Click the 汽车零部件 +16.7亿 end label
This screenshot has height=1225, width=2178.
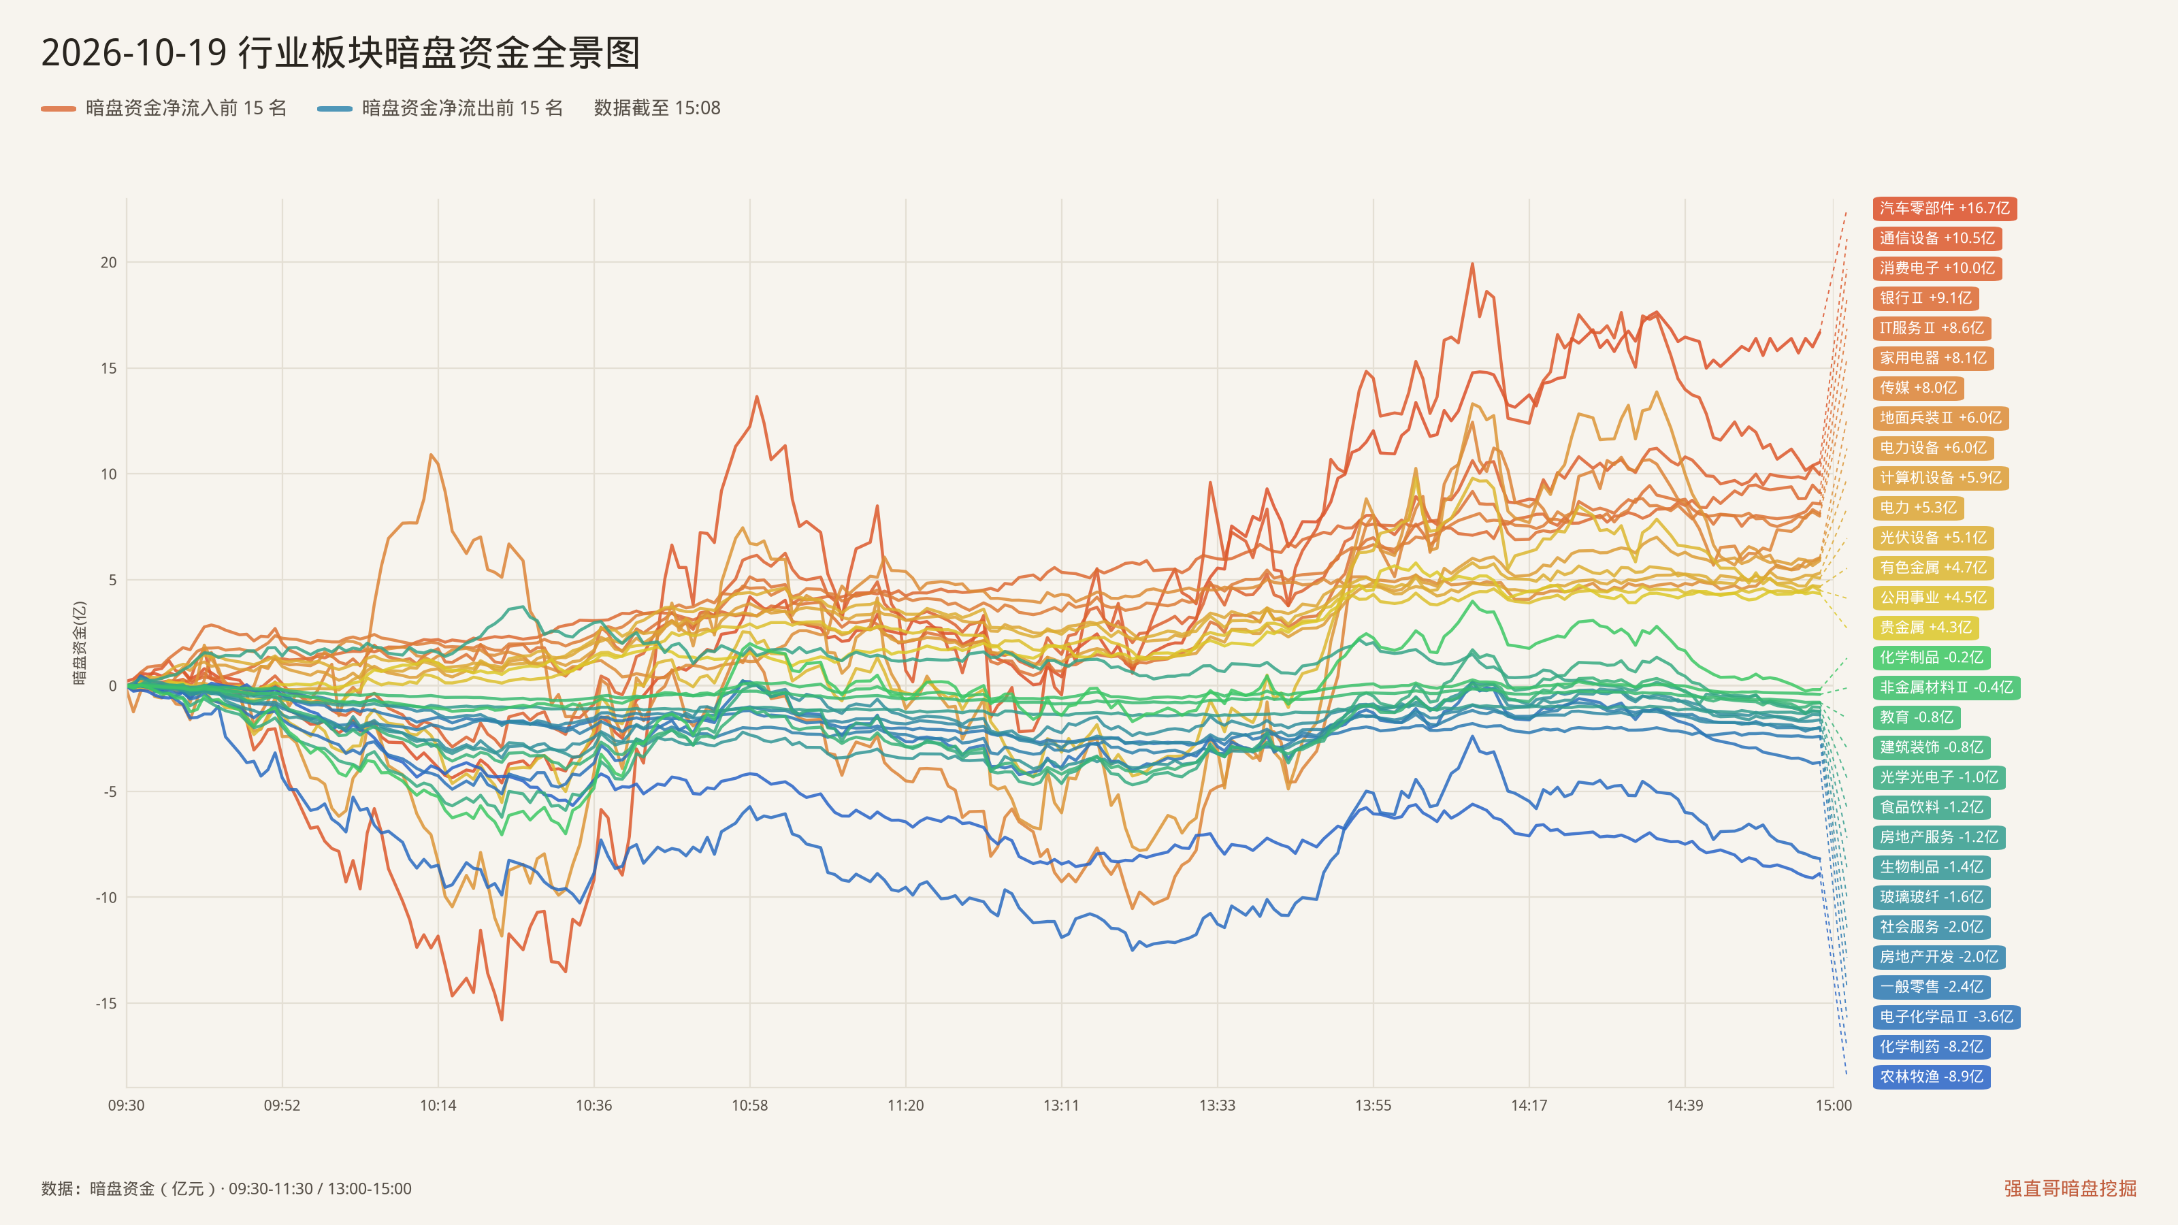coord(1945,208)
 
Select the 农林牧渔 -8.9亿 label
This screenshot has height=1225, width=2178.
coord(1931,1076)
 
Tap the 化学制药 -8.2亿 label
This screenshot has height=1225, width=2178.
coord(1931,1047)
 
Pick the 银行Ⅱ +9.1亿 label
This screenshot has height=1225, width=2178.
coord(1925,297)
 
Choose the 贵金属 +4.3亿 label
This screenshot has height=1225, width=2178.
coord(1925,627)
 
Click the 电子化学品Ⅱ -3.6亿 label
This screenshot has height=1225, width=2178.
coord(1947,1016)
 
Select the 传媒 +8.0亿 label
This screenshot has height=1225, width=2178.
coord(1917,388)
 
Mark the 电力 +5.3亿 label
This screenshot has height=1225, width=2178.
coord(1917,507)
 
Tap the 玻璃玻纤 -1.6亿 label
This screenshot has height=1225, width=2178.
coord(1931,897)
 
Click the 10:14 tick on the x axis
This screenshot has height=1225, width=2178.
coord(438,1105)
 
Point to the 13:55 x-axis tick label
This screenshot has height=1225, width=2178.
coord(1373,1105)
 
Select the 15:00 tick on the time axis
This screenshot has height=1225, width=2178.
coord(1833,1105)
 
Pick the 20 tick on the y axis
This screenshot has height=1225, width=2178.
coord(108,262)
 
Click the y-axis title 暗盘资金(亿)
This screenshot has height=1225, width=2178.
coord(80,642)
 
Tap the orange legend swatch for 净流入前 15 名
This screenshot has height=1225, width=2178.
coord(59,108)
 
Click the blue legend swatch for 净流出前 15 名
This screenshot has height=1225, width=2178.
coord(335,108)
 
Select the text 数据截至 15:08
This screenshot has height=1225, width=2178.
coord(657,108)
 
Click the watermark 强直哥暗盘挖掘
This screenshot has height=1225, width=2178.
coord(2070,1188)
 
